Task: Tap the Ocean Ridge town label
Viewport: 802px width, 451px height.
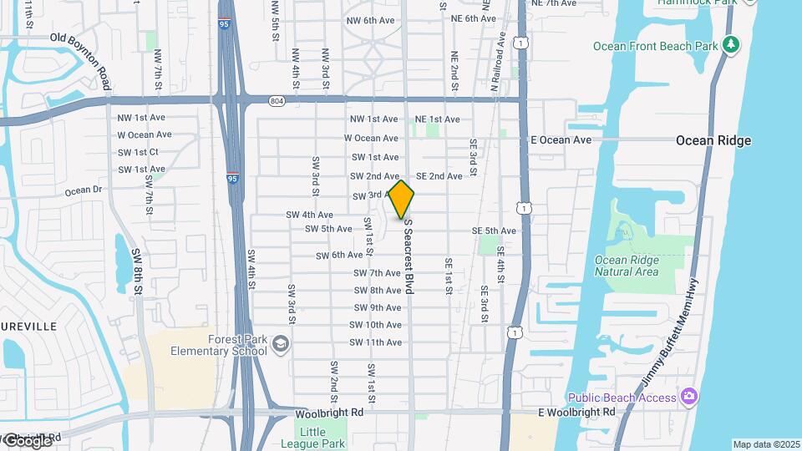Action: [x=713, y=140]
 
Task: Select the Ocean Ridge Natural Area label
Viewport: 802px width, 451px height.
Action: [x=627, y=266]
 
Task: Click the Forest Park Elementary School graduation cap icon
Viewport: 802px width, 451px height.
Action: [x=282, y=344]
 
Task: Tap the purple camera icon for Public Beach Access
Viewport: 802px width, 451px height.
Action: [x=689, y=396]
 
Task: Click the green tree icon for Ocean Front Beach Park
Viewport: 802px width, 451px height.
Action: [x=732, y=44]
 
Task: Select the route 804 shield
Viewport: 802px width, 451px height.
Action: [x=277, y=101]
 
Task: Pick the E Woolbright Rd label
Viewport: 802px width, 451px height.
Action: [x=576, y=413]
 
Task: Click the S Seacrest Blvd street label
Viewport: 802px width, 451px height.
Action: [x=409, y=256]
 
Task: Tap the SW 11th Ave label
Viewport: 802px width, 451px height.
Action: [x=376, y=342]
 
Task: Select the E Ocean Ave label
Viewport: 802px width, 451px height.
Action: [x=561, y=139]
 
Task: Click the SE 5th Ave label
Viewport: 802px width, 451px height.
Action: [x=494, y=231]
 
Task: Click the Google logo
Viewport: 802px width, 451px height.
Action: [x=27, y=440]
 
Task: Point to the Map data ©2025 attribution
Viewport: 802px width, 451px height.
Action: [x=766, y=444]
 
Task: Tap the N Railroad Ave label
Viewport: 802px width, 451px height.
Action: [x=496, y=62]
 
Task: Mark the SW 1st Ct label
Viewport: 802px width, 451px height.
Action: [x=138, y=152]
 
